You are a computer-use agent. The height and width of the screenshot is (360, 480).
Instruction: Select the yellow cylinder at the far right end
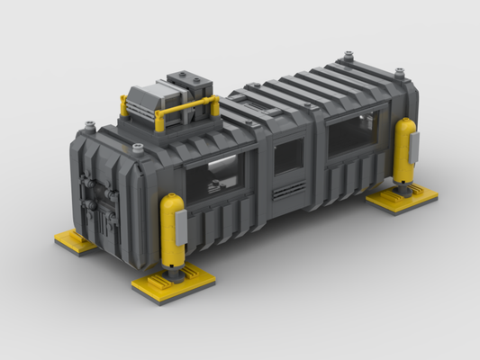[403, 148]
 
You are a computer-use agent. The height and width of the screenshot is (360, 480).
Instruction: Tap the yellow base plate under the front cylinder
[174, 284]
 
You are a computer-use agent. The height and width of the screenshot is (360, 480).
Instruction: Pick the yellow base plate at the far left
[75, 241]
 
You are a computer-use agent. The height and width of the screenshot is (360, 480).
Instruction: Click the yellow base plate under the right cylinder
[402, 198]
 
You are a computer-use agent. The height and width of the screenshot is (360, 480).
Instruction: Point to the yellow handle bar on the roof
[189, 109]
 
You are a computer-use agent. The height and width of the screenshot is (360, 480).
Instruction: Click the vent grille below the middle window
[289, 190]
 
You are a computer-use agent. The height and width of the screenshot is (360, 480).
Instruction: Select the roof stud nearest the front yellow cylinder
[138, 148]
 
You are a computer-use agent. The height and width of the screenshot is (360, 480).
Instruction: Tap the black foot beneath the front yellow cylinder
[171, 274]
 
